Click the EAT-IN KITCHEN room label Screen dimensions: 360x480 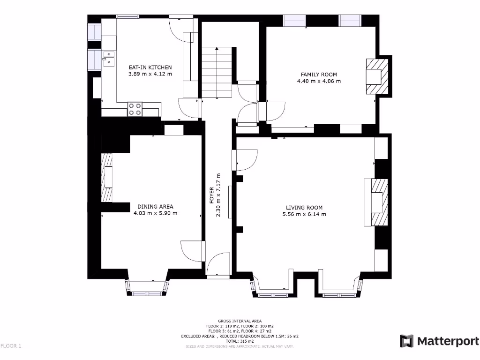point(150,67)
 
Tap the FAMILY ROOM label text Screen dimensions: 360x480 point(319,75)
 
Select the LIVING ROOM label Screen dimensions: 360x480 point(304,208)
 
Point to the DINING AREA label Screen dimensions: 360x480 point(155,207)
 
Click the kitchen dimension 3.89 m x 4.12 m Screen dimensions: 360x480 point(150,74)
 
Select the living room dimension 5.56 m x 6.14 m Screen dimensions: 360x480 point(304,214)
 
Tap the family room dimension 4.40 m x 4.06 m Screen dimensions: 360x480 point(319,81)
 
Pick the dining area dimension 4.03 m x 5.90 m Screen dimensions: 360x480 point(155,213)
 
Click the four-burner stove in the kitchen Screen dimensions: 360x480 point(135,109)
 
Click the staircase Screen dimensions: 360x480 point(217,73)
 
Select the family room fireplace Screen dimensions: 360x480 point(377,76)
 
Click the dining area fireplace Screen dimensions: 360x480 point(107,178)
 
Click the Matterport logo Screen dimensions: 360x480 point(439,341)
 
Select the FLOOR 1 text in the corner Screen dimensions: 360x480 point(11,346)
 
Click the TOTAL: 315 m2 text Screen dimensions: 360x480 point(240,341)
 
